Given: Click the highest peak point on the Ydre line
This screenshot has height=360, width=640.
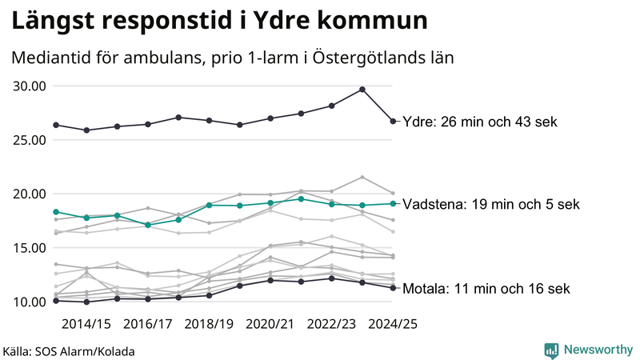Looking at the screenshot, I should tap(362, 90).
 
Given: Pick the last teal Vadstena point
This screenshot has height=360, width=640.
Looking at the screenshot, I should tap(393, 203).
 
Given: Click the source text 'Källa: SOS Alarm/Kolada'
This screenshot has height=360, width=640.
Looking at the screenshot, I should tap(69, 351).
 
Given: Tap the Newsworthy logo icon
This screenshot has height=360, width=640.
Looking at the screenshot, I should tap(551, 350).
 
